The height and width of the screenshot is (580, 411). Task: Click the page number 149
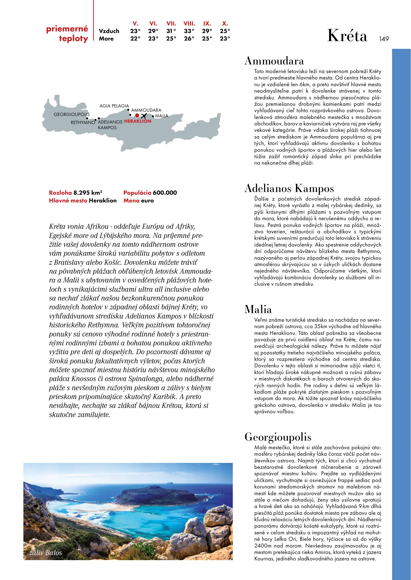tap(384, 39)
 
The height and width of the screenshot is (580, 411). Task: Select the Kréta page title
tap(347, 36)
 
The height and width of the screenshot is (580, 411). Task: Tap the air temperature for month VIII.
tap(189, 31)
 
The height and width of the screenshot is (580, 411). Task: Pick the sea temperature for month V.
tap(135, 39)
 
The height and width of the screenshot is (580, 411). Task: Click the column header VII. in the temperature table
tap(171, 24)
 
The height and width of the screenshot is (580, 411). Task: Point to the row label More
tap(106, 39)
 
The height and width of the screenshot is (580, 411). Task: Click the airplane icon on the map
tap(144, 116)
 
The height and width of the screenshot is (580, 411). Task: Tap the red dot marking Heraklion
tap(137, 115)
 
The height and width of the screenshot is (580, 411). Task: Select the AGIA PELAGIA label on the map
tap(114, 106)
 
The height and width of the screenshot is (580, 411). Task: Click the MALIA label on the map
tap(162, 116)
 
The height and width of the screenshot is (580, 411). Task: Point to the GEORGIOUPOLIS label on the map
tap(72, 114)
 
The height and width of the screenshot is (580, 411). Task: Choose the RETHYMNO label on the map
tap(83, 122)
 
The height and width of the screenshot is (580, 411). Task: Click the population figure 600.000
tap(165, 193)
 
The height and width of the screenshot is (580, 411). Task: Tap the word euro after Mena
tap(147, 201)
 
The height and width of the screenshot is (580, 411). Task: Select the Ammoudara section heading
tap(274, 61)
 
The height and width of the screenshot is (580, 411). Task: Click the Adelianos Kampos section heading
tap(289, 188)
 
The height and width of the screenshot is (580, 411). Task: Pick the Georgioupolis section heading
tap(278, 437)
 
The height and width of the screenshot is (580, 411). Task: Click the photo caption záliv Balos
tap(46, 553)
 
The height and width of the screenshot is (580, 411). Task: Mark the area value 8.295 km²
tap(88, 193)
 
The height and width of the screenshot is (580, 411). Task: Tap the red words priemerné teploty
tap(67, 34)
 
